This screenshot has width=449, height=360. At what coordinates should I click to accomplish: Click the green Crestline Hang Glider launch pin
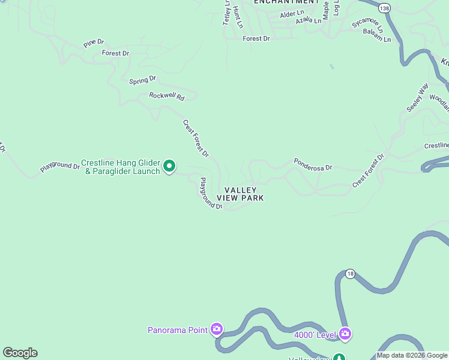[169, 166]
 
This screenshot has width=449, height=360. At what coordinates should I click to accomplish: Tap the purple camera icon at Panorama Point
[217, 329]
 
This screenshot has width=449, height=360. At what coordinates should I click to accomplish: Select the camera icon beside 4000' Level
[345, 333]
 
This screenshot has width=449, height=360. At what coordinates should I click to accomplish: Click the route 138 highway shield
[385, 7]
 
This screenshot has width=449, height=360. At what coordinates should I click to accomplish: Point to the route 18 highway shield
[350, 274]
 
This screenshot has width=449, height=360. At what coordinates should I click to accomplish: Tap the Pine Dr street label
[94, 43]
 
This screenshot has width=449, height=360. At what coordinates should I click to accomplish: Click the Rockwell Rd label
[166, 96]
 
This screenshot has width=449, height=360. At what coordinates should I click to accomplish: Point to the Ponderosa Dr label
[313, 164]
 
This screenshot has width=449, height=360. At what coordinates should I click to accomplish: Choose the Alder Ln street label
[292, 13]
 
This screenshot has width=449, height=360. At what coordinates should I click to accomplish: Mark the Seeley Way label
[417, 98]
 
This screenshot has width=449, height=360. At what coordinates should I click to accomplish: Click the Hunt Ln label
[238, 17]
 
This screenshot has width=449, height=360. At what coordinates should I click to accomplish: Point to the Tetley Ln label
[227, 12]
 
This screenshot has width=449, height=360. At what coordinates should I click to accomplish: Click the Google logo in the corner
[20, 353]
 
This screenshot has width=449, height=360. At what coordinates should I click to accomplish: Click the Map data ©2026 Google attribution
[412, 355]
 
